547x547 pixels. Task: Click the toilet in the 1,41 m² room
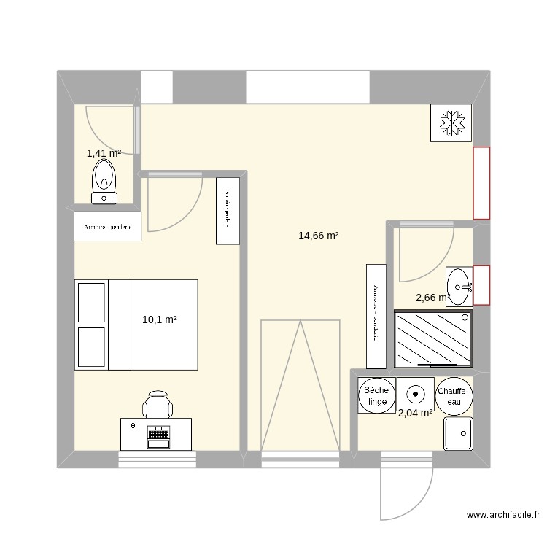coord(104,181)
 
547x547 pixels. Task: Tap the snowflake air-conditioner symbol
coord(451,122)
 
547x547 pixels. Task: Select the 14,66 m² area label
coord(319,236)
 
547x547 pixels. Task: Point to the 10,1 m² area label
coord(160,319)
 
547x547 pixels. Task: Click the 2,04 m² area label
coord(415,413)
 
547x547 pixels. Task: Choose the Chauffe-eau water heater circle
coord(454,397)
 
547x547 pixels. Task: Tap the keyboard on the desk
coord(158,435)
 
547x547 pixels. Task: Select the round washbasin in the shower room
coord(459,285)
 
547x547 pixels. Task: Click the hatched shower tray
coord(432,338)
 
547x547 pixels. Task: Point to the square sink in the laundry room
coord(458,433)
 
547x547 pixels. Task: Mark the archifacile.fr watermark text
coord(503,515)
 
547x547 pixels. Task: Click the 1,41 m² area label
coord(103,153)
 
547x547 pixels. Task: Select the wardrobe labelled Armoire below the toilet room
coord(108,227)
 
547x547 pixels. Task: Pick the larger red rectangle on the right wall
coord(481,182)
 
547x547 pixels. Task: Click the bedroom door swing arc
coord(175,204)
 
